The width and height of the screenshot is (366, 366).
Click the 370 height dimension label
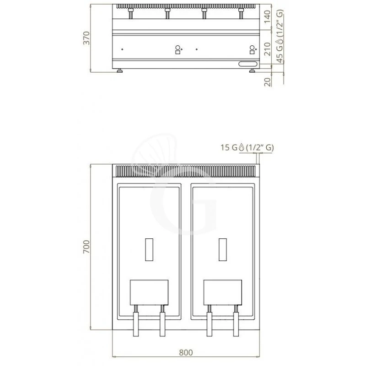(x=86, y=38)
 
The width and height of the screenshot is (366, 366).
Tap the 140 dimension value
(x=268, y=16)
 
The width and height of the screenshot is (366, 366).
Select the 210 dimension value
(x=268, y=49)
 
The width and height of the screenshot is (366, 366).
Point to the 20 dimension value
(x=268, y=82)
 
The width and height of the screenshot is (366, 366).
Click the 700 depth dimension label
(x=86, y=247)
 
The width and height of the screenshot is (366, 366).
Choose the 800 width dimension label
(x=186, y=352)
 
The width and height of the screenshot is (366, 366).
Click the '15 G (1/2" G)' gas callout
(x=247, y=147)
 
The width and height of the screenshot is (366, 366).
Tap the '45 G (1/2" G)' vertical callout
(x=280, y=36)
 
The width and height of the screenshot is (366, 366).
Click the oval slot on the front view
(x=248, y=64)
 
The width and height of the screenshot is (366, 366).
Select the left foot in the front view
(x=120, y=70)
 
